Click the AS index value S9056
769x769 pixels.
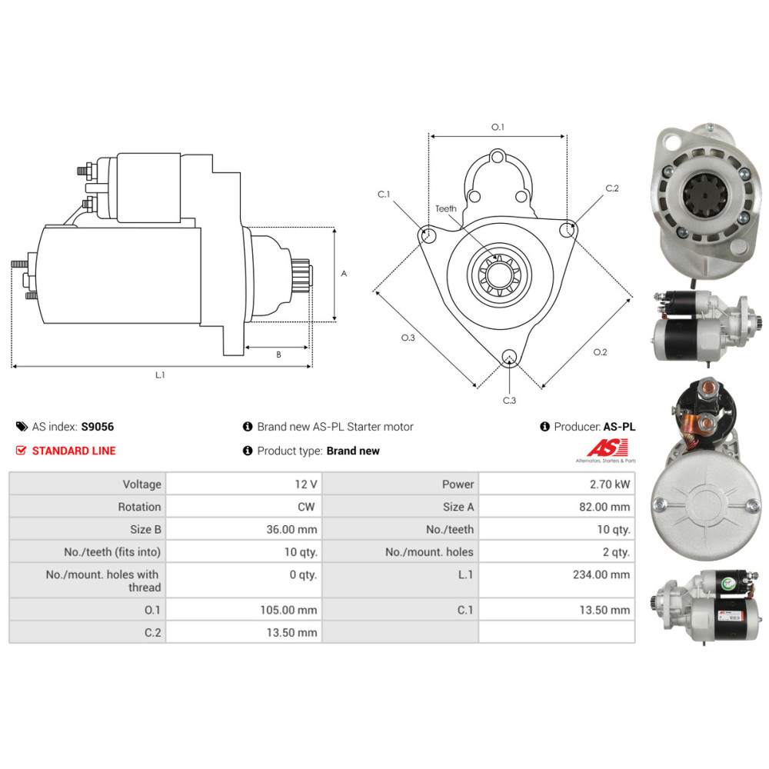97,427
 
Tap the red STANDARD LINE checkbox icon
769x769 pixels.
21,450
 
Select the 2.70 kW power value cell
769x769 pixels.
557,484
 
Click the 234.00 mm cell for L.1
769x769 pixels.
557,580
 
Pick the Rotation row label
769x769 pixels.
139,507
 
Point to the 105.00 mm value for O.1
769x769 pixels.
288,610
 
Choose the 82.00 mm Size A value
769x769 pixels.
604,507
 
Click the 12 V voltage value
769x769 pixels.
305,484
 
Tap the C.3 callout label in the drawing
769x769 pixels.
510,400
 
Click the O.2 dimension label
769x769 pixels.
600,352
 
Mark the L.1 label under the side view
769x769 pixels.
160,375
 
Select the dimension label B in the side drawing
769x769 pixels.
278,354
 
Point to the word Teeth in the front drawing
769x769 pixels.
446,208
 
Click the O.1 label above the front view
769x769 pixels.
498,127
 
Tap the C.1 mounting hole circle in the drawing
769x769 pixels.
428,234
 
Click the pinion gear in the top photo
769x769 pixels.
704,195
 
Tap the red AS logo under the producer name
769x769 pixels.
608,448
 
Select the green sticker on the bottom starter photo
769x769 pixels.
727,584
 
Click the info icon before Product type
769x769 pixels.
248,450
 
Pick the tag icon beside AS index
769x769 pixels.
22,426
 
